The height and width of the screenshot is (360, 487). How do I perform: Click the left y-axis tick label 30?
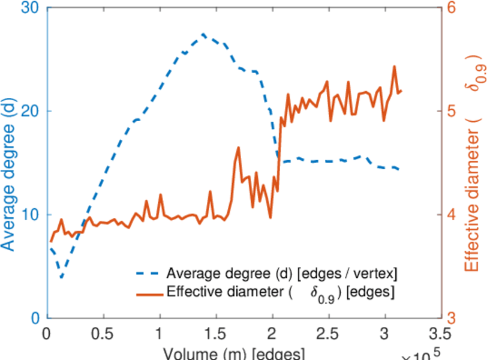(30, 8)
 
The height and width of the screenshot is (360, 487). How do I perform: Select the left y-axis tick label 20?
(30, 112)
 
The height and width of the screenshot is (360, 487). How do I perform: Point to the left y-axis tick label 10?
(30, 215)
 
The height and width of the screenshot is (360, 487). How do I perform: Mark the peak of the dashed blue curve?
(203, 34)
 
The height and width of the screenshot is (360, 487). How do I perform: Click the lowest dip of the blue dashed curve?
(61, 278)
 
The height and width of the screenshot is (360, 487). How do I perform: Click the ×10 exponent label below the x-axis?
(420, 355)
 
